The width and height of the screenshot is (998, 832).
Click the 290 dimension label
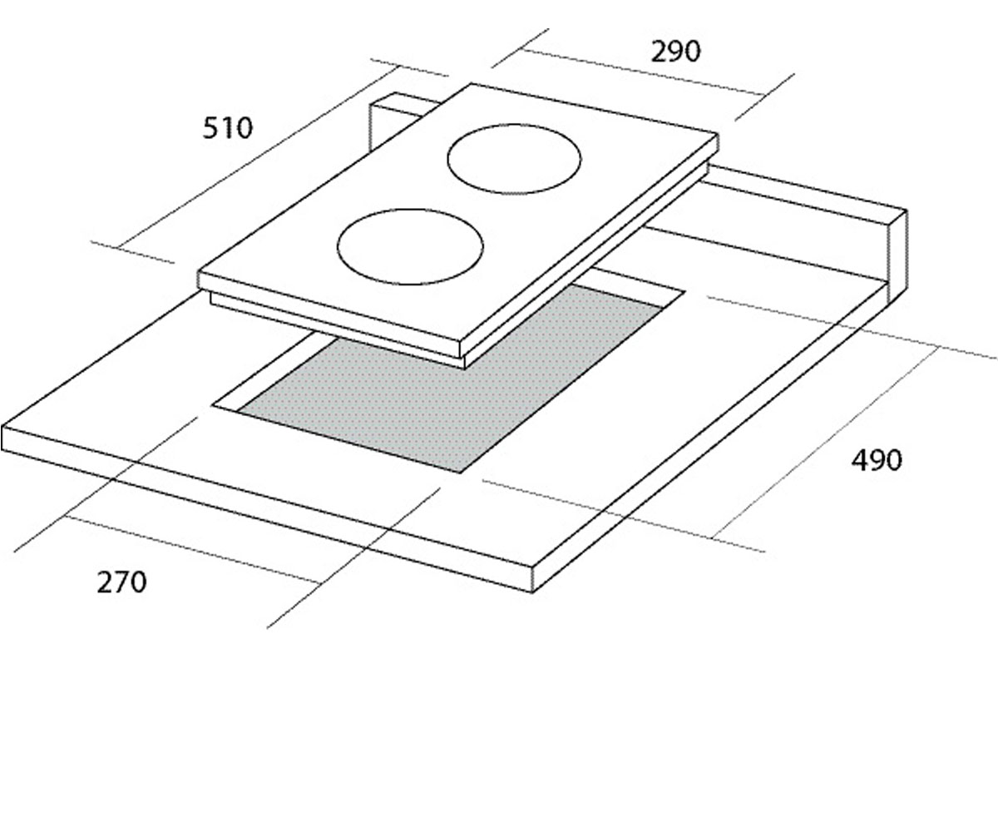pos(675,52)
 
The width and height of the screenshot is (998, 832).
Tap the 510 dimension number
pos(228,128)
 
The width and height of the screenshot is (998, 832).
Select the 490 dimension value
pos(877,460)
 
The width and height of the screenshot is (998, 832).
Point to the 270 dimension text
pos(122,582)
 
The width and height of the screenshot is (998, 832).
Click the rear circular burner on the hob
pos(514,159)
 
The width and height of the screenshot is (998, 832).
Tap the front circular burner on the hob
pos(410,247)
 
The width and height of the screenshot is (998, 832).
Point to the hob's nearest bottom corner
pos(463,369)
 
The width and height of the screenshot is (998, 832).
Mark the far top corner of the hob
pos(471,84)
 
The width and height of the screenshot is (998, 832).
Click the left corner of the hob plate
pos(199,273)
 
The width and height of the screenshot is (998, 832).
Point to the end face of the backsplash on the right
pos(897,257)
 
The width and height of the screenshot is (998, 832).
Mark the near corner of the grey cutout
pos(460,473)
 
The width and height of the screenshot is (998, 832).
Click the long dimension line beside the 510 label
pos(258,158)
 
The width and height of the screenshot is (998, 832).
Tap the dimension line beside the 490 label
pos(826,443)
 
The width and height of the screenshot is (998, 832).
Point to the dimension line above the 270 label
pos(191,549)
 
